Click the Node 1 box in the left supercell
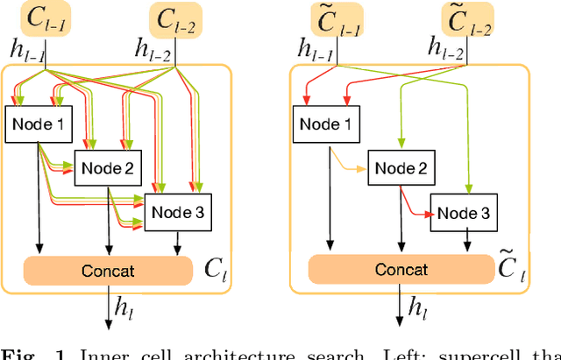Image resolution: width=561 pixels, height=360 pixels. click(36, 125)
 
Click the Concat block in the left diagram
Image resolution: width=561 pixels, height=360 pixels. click(108, 270)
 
